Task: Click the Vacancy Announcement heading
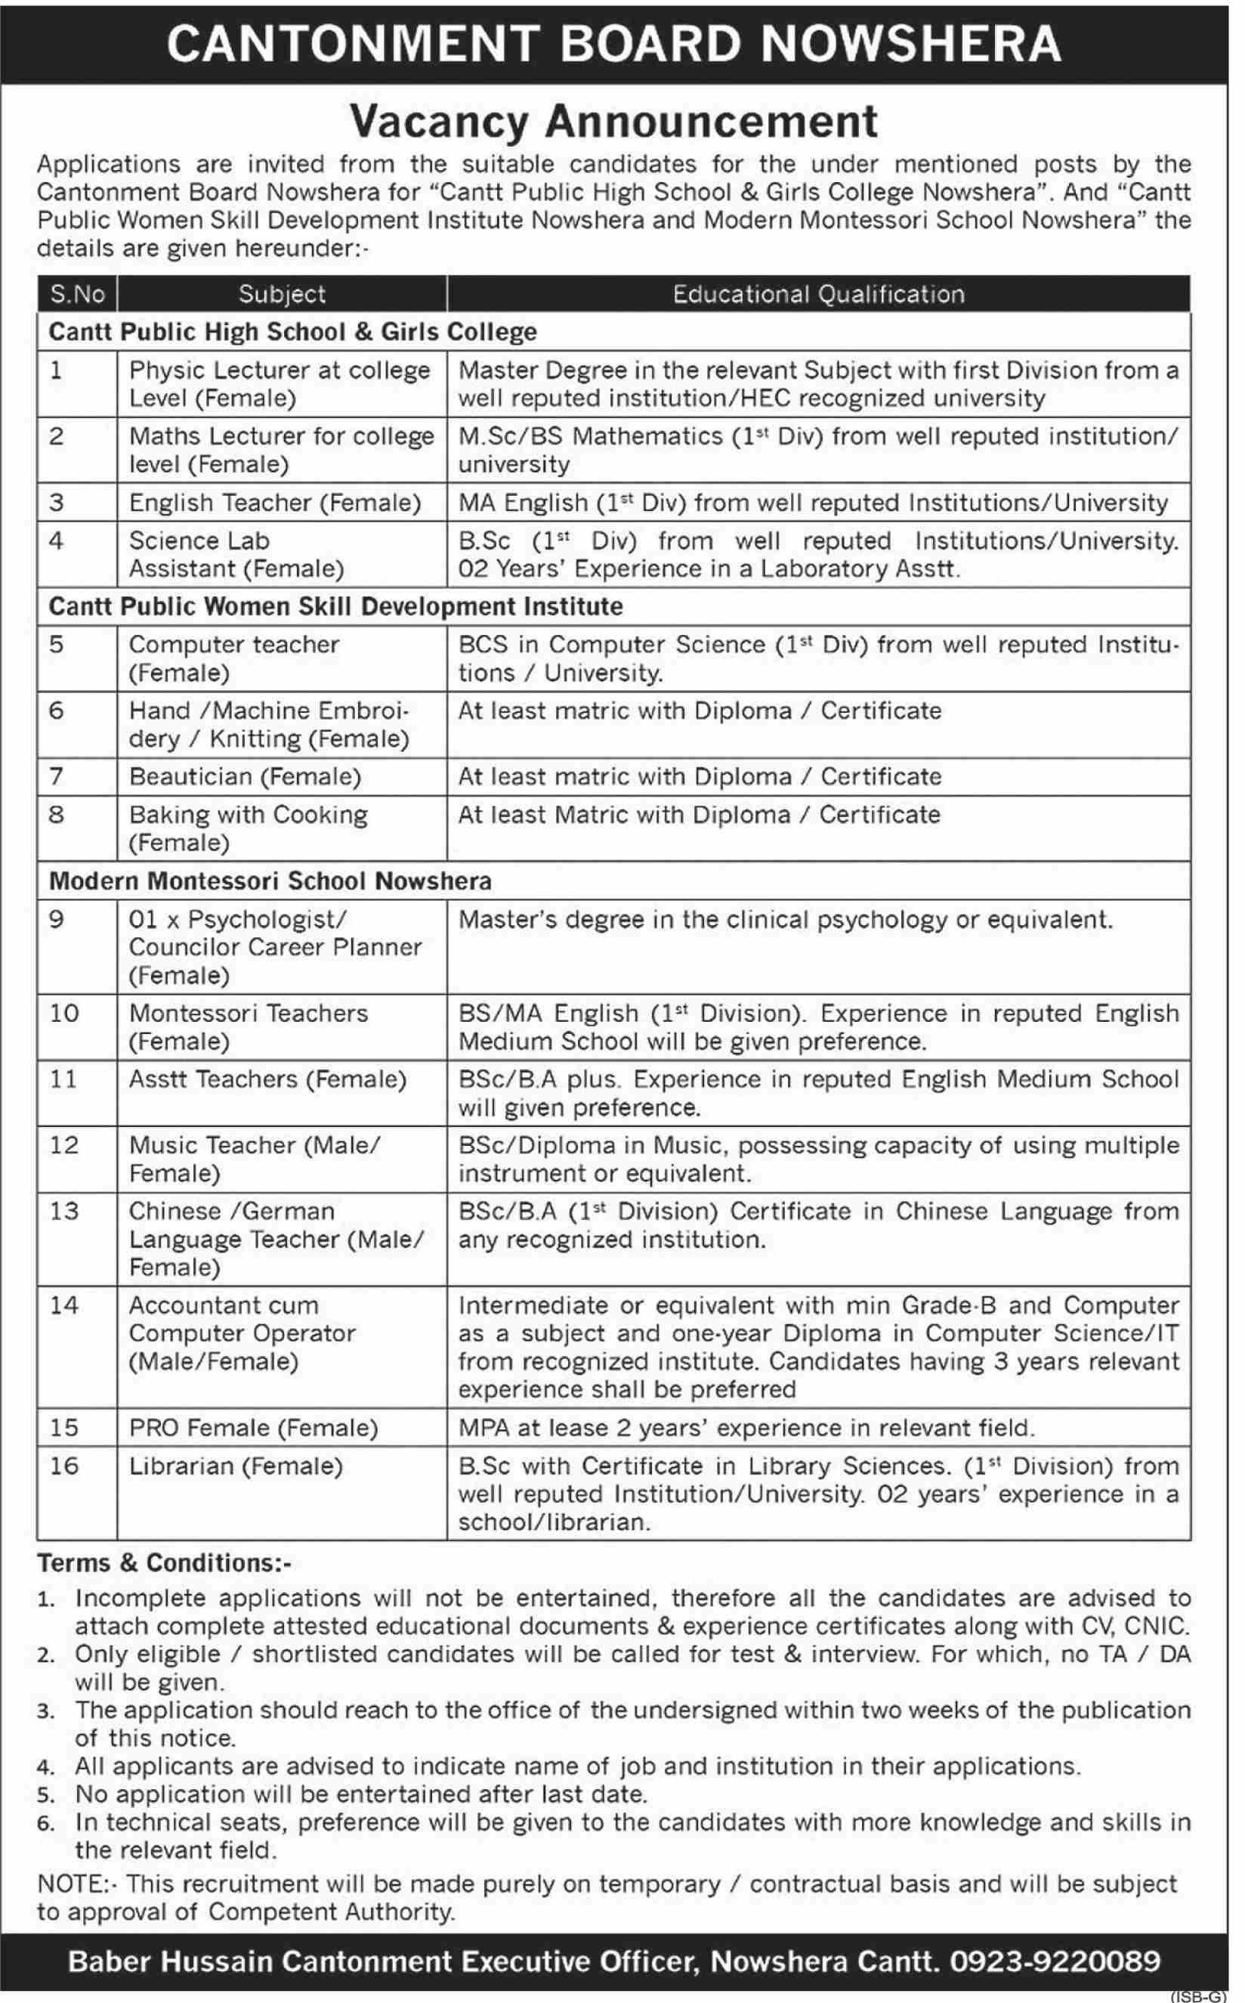(x=613, y=122)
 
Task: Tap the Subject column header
(x=282, y=294)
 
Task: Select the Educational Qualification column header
(x=817, y=294)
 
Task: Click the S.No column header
(x=77, y=294)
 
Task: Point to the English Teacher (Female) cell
(x=275, y=503)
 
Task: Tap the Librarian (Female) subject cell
(x=236, y=1466)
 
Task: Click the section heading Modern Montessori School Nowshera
(x=270, y=881)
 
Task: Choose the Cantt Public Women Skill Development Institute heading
(x=335, y=606)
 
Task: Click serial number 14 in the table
(x=63, y=1305)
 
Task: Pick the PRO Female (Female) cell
(x=253, y=1427)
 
